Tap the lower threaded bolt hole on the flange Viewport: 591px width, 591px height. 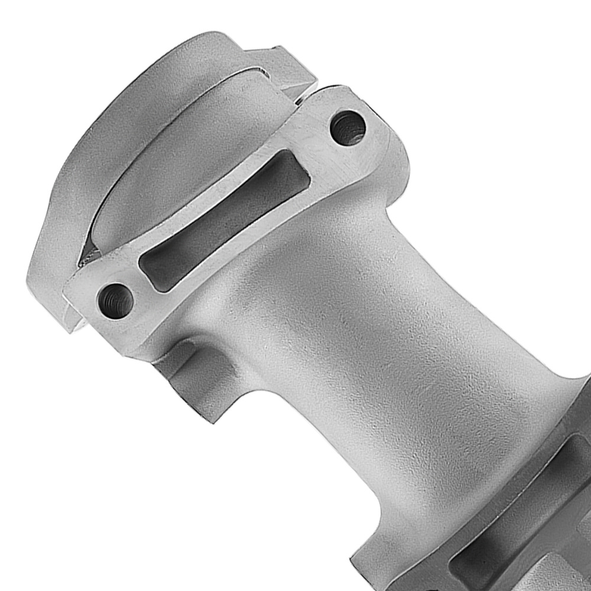pyautogui.click(x=116, y=294)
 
